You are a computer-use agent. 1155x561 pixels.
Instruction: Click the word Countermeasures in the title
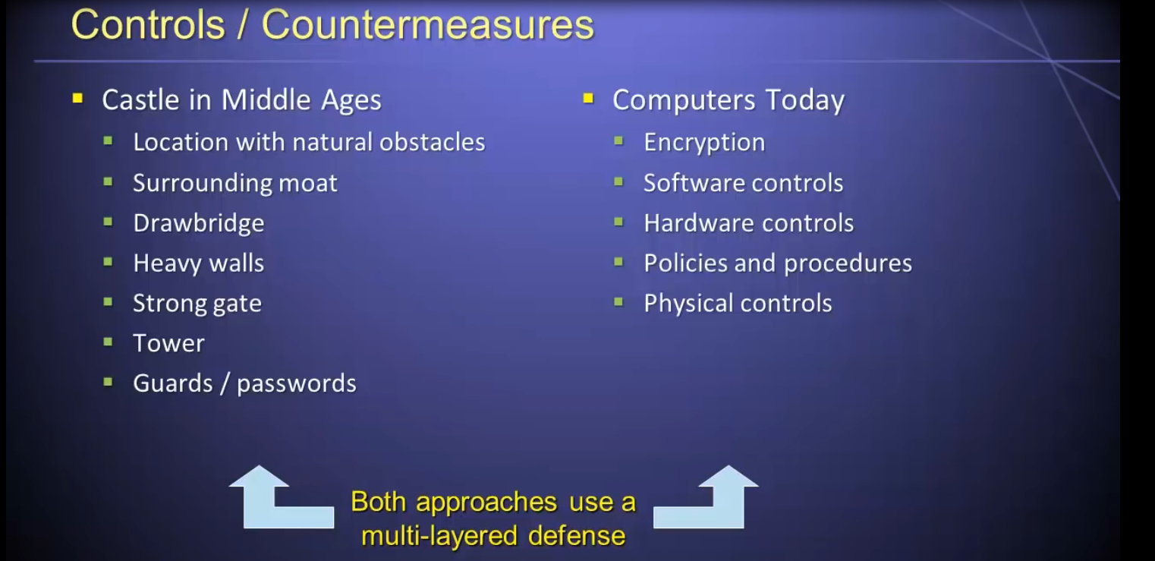(428, 24)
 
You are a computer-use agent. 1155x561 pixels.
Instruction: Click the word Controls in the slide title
(149, 24)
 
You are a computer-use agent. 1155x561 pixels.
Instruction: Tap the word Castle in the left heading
(140, 99)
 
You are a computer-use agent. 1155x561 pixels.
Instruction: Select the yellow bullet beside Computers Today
(588, 98)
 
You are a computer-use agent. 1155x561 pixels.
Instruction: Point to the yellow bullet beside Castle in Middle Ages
(78, 98)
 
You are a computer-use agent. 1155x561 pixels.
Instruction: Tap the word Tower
(168, 343)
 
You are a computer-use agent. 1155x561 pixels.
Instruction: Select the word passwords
(297, 384)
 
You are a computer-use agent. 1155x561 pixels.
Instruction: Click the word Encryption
(704, 143)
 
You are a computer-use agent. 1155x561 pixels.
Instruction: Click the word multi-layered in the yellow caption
(439, 536)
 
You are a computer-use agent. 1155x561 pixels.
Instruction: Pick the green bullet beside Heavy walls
(108, 262)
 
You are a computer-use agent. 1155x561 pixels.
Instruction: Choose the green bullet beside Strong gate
(108, 302)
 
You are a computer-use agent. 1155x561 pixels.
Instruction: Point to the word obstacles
(432, 142)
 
